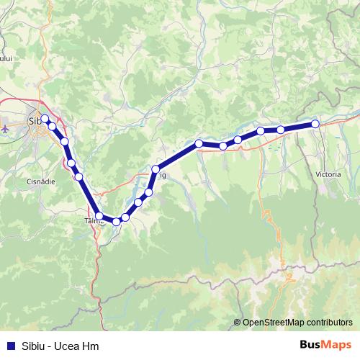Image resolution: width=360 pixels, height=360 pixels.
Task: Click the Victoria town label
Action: (x=328, y=174)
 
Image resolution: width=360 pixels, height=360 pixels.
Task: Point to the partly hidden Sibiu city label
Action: (x=34, y=120)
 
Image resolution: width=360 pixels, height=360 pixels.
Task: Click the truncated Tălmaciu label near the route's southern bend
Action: (x=94, y=222)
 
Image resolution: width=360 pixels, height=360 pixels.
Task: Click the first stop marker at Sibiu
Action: (x=45, y=119)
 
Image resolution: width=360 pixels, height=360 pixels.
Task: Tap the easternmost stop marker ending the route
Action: (x=315, y=125)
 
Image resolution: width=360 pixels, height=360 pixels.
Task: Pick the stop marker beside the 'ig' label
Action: (x=155, y=170)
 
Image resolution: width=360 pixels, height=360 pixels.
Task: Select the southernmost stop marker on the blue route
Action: (x=116, y=221)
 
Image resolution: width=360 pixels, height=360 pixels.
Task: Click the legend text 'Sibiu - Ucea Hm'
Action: (x=60, y=346)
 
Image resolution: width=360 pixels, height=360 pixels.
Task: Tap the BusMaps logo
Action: (x=326, y=345)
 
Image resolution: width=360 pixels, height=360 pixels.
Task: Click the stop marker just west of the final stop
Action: (x=281, y=130)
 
